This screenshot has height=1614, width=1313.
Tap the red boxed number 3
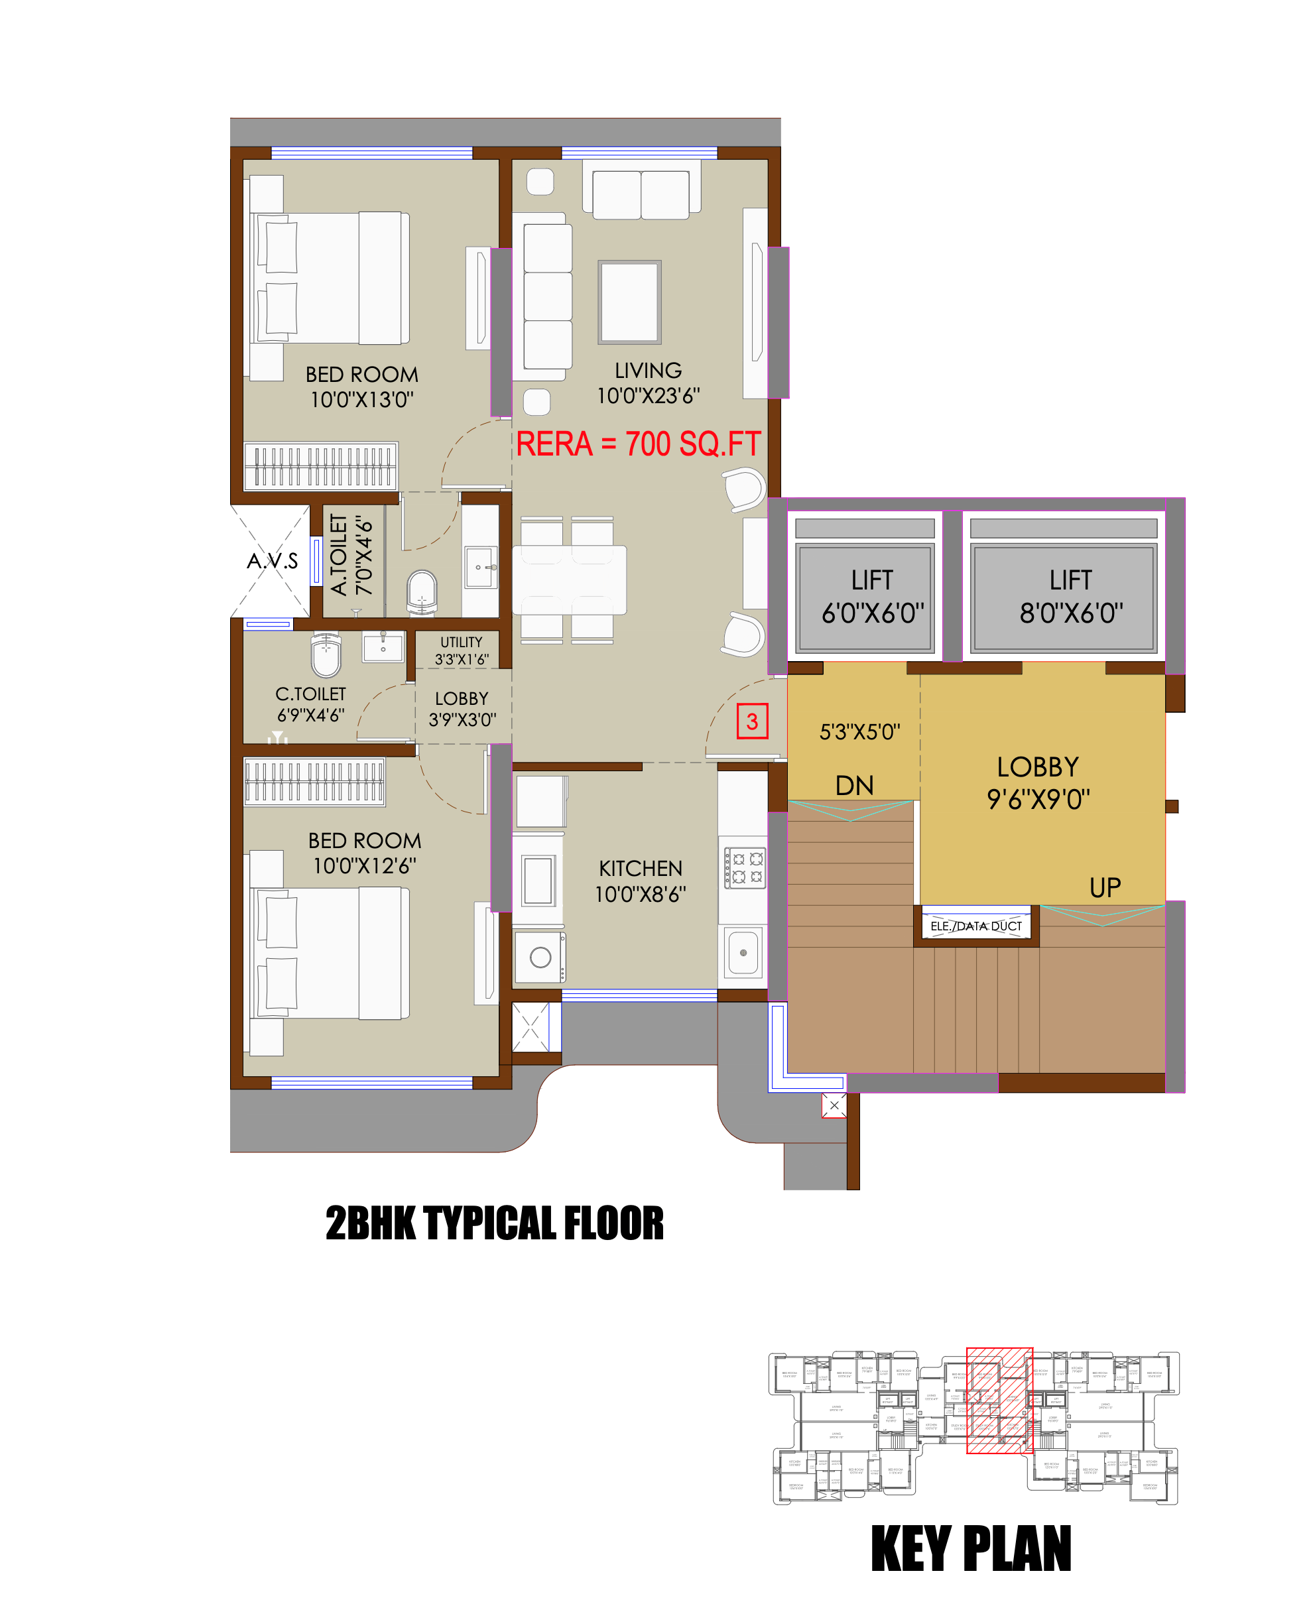pos(752,721)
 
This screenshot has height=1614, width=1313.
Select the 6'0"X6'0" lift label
pos(873,597)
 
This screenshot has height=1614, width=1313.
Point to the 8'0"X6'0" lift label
pos(1070,597)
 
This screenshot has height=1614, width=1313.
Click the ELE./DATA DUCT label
pos(975,926)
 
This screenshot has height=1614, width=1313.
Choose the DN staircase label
pos(854,786)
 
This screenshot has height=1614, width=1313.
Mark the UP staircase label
pos(1104,887)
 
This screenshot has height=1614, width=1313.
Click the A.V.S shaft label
pos(273,561)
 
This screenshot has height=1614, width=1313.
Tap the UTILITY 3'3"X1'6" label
pos(462,651)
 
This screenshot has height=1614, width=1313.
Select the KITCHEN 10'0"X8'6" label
pos(640,881)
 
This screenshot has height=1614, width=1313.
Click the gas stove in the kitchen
pos(745,867)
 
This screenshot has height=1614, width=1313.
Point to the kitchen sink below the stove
pos(743,953)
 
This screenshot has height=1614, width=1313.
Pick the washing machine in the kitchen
pos(539,957)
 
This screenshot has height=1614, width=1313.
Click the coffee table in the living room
pos(629,302)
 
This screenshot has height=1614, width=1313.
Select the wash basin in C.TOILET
pos(383,647)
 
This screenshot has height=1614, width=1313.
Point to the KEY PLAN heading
pos(971,1550)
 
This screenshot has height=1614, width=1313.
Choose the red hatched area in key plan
pos(999,1400)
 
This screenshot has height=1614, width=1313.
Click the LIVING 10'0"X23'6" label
pos(648,383)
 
